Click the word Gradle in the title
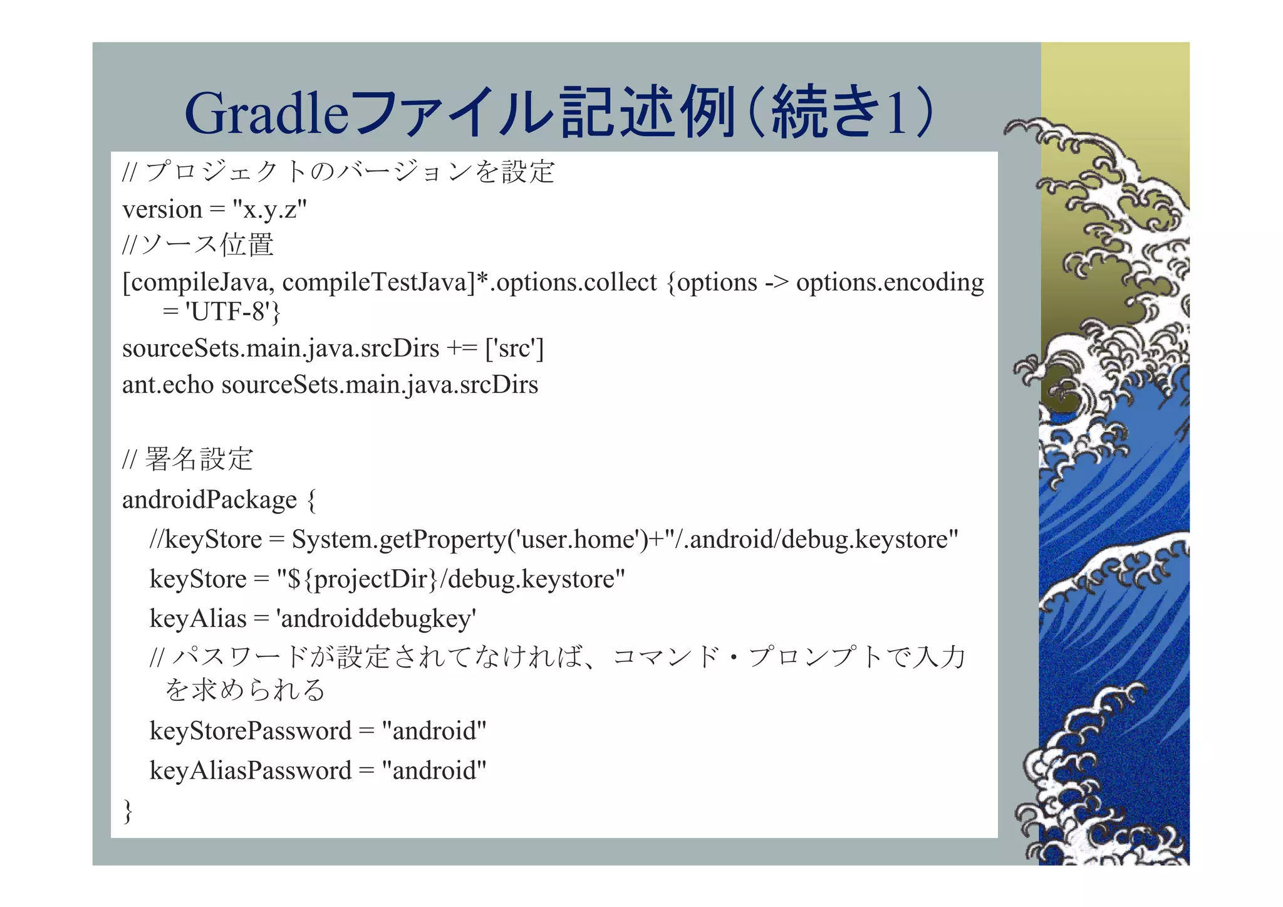point(266,114)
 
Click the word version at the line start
point(162,210)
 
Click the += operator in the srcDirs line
point(462,349)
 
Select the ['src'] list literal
point(514,349)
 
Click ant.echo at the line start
point(168,385)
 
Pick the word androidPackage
point(209,500)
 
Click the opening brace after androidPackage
point(311,500)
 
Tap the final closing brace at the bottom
point(128,810)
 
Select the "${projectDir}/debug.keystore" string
point(451,579)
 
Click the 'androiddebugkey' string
point(376,619)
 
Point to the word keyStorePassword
point(251,731)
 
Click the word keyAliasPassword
point(251,771)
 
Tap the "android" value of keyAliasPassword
point(434,771)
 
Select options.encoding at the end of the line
point(890,283)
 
